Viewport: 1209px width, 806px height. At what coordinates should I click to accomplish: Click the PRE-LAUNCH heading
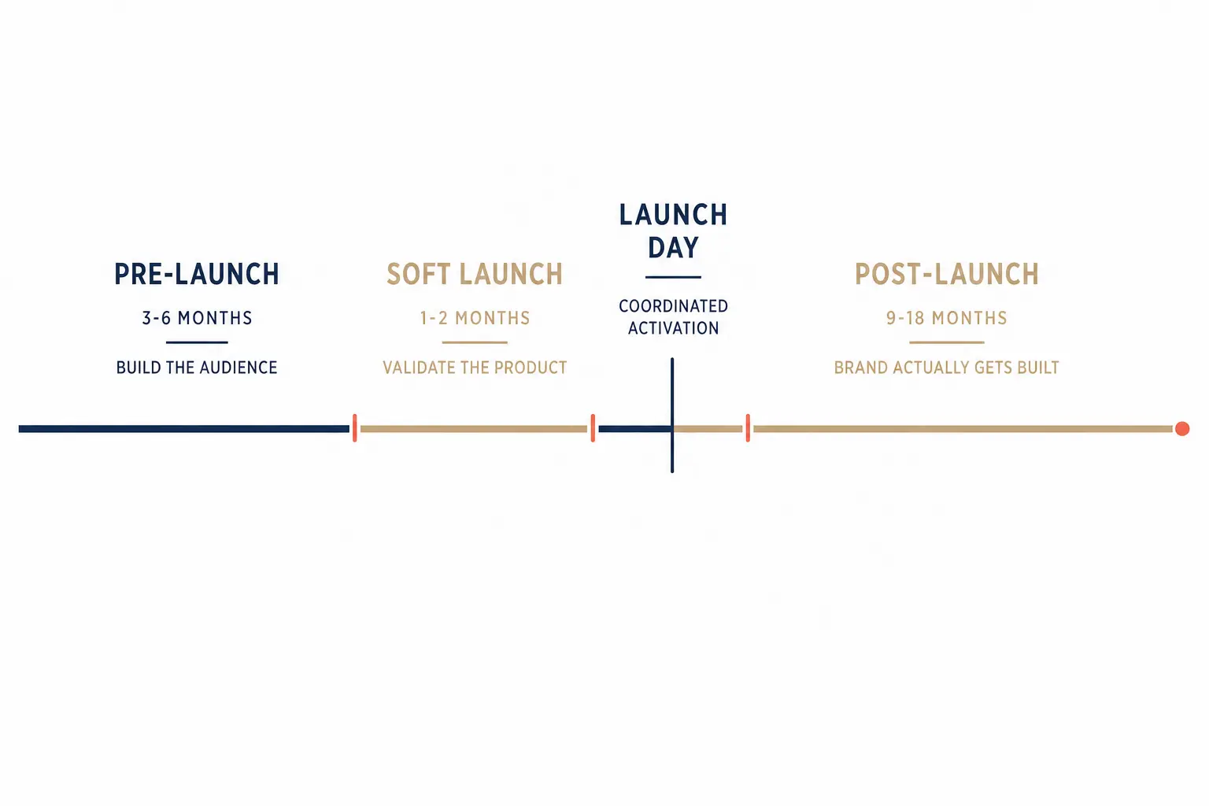(197, 274)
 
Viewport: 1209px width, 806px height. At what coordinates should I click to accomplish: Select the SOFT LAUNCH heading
(475, 274)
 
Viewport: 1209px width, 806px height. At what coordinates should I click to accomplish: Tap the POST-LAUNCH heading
(947, 274)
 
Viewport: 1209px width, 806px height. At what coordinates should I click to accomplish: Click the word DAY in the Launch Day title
(673, 248)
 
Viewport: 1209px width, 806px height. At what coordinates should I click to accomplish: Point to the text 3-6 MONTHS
(197, 318)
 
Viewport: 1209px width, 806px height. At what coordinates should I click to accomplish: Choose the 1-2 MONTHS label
(475, 318)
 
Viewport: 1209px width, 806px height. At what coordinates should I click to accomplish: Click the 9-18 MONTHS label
(947, 318)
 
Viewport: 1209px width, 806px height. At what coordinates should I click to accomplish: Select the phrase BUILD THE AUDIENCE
(197, 368)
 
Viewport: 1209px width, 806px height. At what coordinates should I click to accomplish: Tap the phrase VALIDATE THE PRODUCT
(475, 368)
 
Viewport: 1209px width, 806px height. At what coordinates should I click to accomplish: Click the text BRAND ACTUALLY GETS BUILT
(947, 368)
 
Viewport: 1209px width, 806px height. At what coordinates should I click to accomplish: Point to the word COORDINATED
(673, 306)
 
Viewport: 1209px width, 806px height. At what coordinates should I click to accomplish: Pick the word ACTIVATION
(673, 327)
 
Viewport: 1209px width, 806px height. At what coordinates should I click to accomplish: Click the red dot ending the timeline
(1182, 429)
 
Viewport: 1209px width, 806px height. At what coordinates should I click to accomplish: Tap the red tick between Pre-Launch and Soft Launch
(355, 428)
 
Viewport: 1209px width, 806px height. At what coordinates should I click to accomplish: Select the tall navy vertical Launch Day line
(672, 415)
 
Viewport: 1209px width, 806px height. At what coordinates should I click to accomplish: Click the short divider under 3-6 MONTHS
(197, 342)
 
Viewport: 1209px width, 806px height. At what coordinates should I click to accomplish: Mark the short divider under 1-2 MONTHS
(475, 342)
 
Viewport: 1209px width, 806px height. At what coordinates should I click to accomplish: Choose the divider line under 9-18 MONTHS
(947, 342)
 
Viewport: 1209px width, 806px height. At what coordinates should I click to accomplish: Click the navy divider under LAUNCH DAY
(673, 277)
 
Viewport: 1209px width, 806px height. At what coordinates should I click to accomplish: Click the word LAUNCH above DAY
(673, 215)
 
